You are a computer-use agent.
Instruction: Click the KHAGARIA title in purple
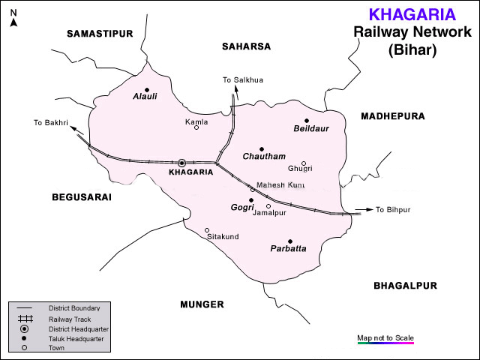pos(412,13)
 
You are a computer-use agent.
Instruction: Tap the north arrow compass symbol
pos(13,18)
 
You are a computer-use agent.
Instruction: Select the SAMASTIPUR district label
pos(99,34)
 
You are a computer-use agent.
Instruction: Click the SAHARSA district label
pos(246,46)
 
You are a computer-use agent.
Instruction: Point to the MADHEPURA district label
pos(392,116)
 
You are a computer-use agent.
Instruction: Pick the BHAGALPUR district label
pos(405,286)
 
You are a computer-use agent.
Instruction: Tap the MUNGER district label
pos(202,304)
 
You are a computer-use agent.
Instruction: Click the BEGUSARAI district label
pos(82,197)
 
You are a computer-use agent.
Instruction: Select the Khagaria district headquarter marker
pos(181,162)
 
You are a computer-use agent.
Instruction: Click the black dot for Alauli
pos(147,89)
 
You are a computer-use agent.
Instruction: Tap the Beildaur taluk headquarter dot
pos(307,121)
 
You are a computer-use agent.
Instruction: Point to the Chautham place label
pos(264,157)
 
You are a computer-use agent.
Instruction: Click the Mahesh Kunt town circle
pos(253,189)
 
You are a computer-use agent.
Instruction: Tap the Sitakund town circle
pos(207,230)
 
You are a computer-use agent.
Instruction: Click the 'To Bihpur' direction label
pos(394,210)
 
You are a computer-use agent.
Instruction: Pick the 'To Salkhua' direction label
pos(243,79)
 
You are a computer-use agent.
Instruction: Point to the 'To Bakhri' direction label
pos(51,122)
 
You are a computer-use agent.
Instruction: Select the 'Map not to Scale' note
pos(385,337)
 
